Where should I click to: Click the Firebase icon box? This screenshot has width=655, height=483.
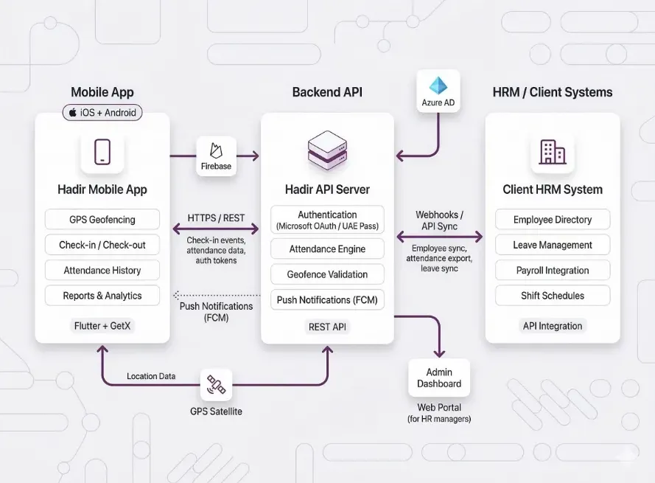(x=216, y=156)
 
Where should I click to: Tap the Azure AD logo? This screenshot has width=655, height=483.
(x=438, y=86)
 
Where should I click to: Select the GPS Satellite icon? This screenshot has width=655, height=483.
(x=217, y=384)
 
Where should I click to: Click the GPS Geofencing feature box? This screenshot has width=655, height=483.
(x=102, y=219)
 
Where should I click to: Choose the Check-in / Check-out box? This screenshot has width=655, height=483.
(x=102, y=245)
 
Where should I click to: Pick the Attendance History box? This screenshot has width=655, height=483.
(x=102, y=270)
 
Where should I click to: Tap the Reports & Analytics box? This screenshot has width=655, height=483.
(x=102, y=296)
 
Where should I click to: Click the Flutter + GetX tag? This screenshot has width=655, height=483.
(x=103, y=325)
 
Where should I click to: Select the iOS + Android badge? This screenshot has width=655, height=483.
(x=102, y=113)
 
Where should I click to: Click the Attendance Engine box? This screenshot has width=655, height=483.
(x=328, y=249)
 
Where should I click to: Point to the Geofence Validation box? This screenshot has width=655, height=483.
(x=328, y=274)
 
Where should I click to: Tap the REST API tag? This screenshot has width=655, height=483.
(x=327, y=327)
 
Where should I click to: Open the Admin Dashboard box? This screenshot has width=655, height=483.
(x=439, y=378)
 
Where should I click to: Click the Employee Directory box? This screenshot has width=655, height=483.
(x=553, y=219)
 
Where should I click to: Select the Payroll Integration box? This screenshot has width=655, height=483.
(x=553, y=270)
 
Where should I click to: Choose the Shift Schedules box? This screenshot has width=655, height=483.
(x=553, y=296)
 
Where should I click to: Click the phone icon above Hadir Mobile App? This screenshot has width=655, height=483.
(x=102, y=152)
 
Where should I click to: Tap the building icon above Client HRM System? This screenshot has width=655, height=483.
(x=553, y=152)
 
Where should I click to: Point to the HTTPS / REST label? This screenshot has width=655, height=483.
(x=217, y=218)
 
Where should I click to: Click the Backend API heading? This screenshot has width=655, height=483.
(x=327, y=92)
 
